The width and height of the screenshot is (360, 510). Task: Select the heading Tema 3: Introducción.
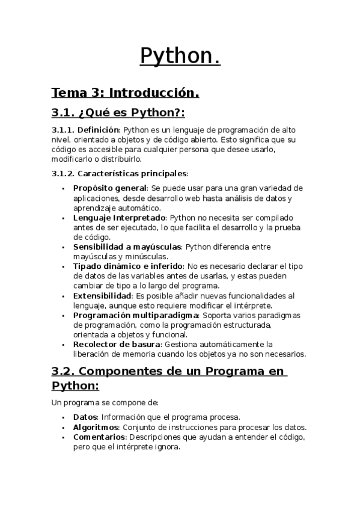tap(125, 93)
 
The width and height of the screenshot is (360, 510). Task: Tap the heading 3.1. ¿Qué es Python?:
tap(118, 113)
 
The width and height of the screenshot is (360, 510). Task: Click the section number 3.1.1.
tap(62, 130)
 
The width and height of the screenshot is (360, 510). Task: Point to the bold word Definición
tap(99, 130)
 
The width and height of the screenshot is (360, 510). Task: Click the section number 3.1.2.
tap(62, 174)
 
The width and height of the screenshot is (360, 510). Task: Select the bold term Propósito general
tap(109, 188)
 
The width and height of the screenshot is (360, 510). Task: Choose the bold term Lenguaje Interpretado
tap(119, 218)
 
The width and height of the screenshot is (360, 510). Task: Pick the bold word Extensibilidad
tap(102, 296)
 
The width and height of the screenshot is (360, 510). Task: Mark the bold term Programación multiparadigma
tap(136, 315)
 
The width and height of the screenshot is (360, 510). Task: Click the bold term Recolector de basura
tap(117, 345)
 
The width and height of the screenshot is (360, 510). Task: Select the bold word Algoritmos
tap(96, 428)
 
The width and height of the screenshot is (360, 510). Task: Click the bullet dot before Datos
tap(64, 417)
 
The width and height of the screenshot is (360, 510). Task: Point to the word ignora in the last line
tap(166, 447)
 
